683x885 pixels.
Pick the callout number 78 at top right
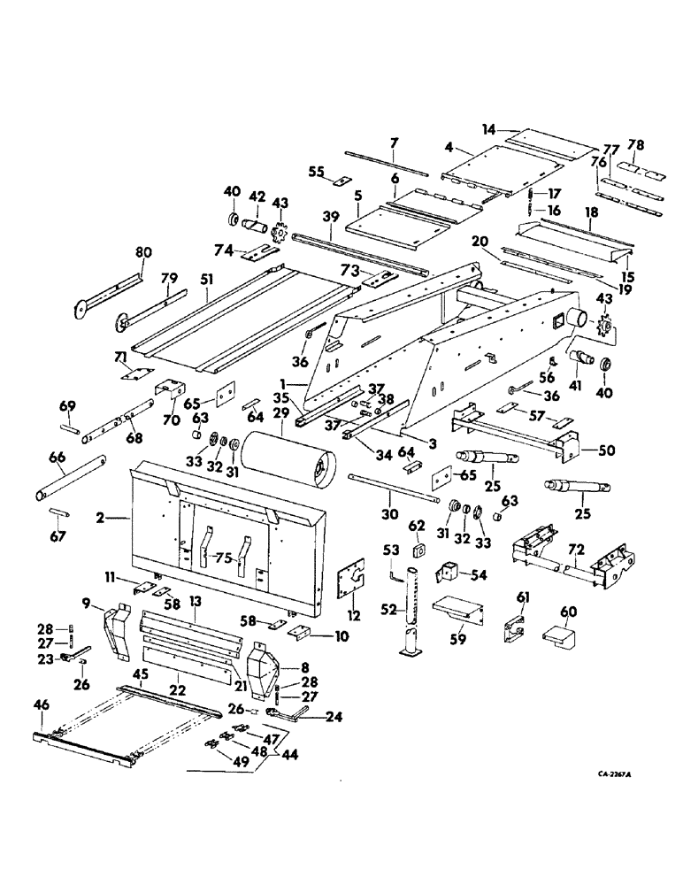(635, 145)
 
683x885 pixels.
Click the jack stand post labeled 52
(412, 611)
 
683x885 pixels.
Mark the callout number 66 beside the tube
(59, 457)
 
